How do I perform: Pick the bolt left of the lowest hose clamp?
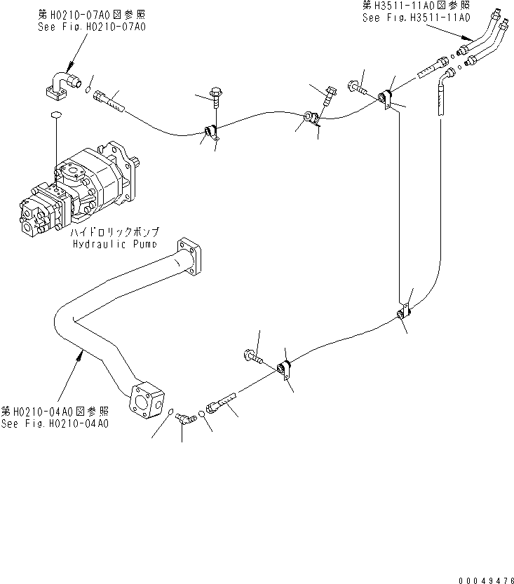tap(252, 357)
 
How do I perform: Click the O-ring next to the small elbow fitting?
tap(201, 414)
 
